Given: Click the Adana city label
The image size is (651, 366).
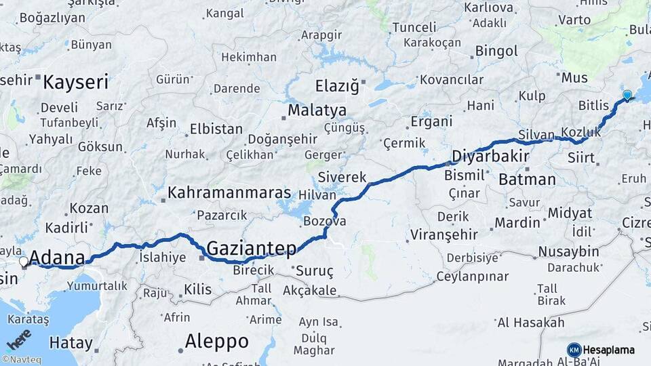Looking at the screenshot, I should coord(58,258).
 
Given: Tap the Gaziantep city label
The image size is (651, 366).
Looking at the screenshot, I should coord(252,249).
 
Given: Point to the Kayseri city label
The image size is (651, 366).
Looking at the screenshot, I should coord(75,83).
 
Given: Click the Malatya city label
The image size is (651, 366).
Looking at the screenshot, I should coord(317,110).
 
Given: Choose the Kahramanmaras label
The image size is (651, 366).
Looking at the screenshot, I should coord(229,192).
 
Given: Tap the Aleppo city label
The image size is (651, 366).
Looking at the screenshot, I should coord(216,340).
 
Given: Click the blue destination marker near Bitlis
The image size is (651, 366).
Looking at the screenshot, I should coord(627,96).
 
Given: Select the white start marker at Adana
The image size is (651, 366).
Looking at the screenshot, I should coord(24,262).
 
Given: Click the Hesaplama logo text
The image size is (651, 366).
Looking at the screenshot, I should coord(608,350).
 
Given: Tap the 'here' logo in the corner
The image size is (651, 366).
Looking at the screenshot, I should coord(18,339).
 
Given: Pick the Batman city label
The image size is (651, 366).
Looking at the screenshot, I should coord(527,180).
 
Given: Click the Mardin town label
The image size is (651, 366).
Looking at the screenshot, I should coord(517,222).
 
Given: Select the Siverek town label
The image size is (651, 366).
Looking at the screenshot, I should coord(344,177).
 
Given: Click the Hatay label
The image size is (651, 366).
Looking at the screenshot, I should coord(71,343).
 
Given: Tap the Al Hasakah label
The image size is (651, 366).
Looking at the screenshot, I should coord(531,323).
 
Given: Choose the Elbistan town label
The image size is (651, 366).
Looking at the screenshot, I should coord(216,128).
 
